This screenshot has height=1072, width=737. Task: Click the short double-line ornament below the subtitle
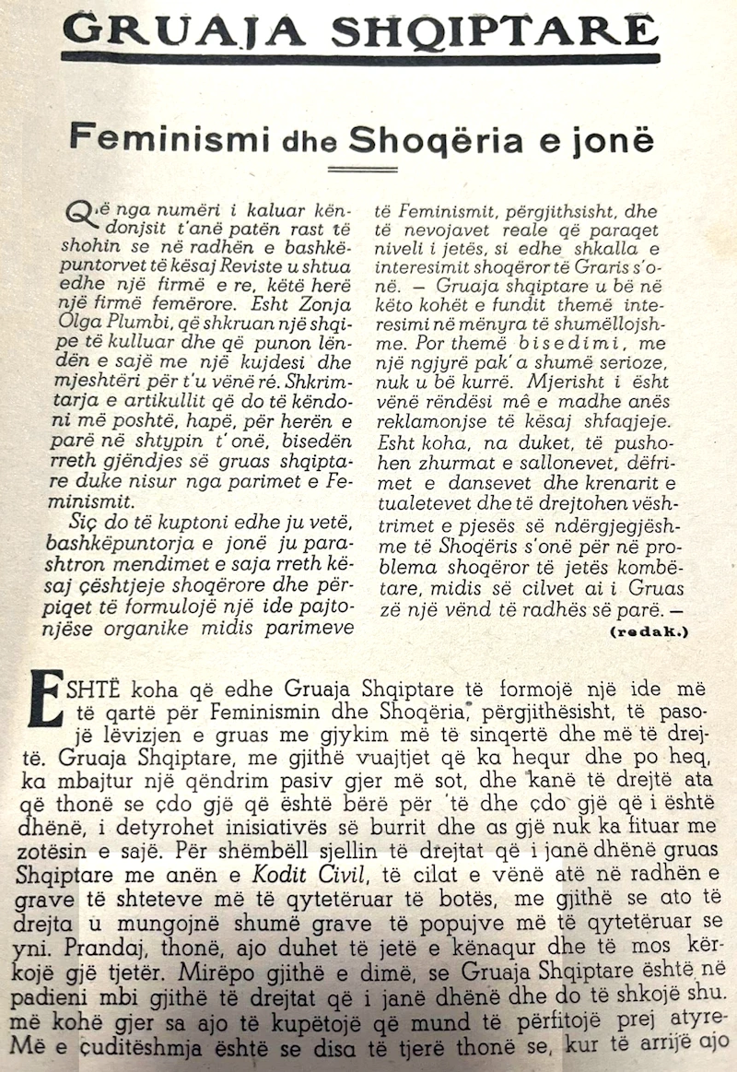tap(362, 168)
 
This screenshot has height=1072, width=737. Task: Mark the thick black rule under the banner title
tap(362, 59)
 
